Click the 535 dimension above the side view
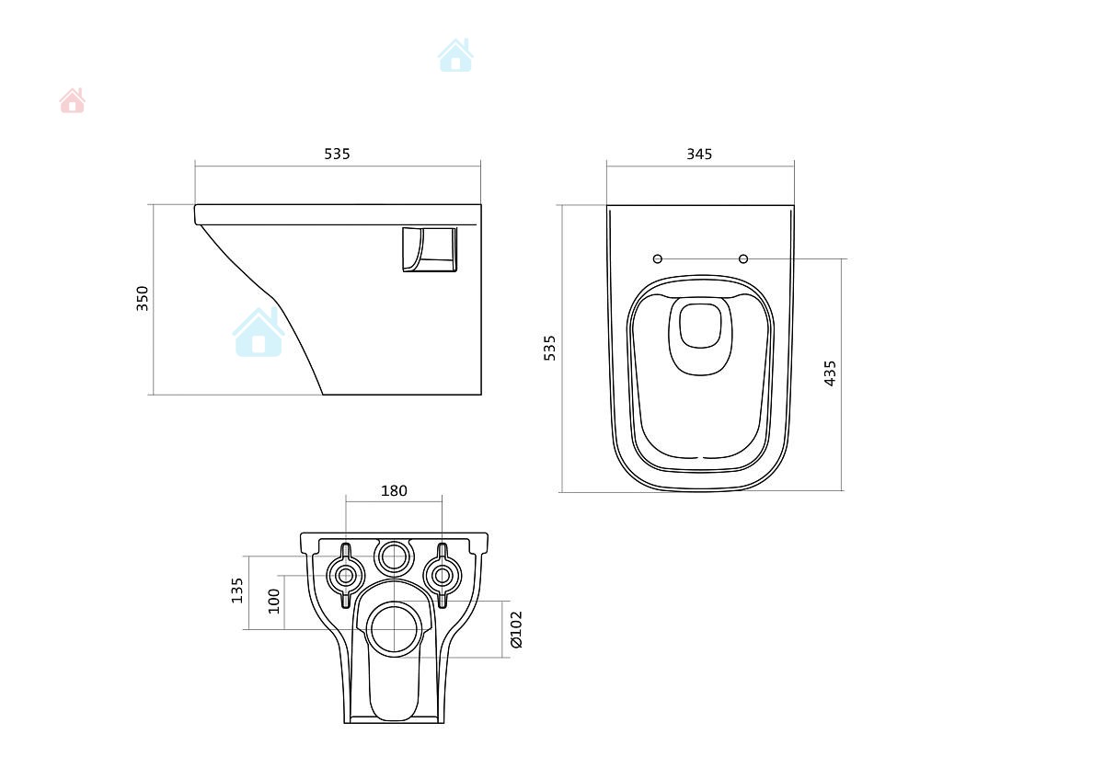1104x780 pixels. (x=337, y=155)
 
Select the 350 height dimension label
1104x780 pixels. (x=142, y=299)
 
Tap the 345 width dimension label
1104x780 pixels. (x=699, y=155)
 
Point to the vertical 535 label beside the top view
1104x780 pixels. (x=549, y=348)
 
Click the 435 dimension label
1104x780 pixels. (x=830, y=373)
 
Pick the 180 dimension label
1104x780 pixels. (x=395, y=491)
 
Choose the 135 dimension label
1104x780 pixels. (x=237, y=591)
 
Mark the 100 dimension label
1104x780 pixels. (x=273, y=602)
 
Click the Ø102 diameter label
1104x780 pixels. (x=516, y=630)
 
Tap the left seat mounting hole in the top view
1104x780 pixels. (x=658, y=258)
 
